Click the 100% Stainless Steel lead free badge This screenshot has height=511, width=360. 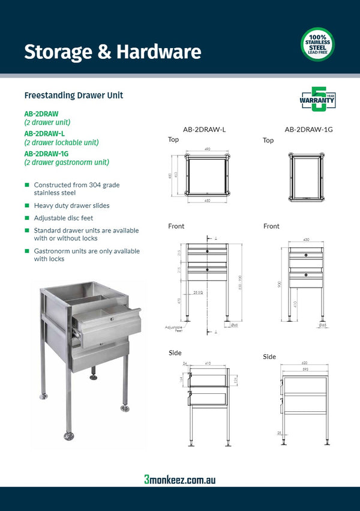click(x=317, y=44)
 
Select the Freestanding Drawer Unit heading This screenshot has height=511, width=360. click(x=74, y=95)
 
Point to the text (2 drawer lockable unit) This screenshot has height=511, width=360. click(x=61, y=143)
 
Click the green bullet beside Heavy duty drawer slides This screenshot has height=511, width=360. click(x=26, y=205)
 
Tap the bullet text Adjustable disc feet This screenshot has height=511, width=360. click(x=64, y=218)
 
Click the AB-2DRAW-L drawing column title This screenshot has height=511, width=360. click(x=204, y=129)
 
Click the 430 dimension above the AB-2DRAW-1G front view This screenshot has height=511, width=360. click(x=307, y=240)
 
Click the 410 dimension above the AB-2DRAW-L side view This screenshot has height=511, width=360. click(x=208, y=364)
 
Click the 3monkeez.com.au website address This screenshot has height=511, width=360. click(x=179, y=479)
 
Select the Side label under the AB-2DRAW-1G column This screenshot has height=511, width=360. click(x=269, y=357)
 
